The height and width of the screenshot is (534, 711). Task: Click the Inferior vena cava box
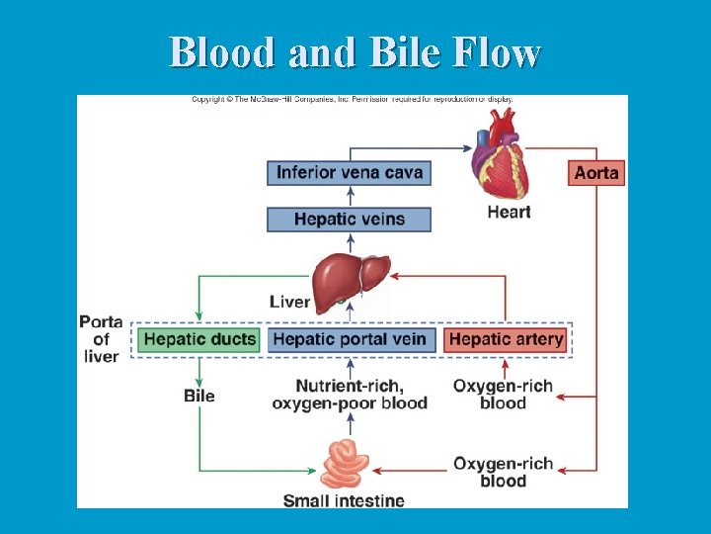pyautogui.click(x=350, y=172)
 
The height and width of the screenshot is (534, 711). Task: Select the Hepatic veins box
pyautogui.click(x=350, y=219)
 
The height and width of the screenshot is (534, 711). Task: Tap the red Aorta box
pyautogui.click(x=596, y=172)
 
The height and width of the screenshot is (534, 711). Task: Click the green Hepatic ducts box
pyautogui.click(x=198, y=339)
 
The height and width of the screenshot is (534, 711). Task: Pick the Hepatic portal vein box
pyautogui.click(x=350, y=339)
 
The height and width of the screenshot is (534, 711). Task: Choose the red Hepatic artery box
pyautogui.click(x=506, y=339)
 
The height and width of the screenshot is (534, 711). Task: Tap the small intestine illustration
pyautogui.click(x=345, y=462)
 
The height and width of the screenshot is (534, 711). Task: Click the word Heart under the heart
pyautogui.click(x=509, y=212)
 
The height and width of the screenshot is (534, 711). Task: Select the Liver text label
pyautogui.click(x=289, y=301)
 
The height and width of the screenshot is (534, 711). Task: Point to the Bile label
pyautogui.click(x=199, y=396)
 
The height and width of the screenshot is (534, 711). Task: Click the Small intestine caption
pyautogui.click(x=344, y=500)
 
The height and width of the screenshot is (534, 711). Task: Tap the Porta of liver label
pyautogui.click(x=101, y=339)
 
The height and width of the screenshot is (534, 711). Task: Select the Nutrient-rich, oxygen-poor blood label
pyautogui.click(x=350, y=394)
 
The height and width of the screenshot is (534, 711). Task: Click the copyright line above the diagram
pyautogui.click(x=352, y=99)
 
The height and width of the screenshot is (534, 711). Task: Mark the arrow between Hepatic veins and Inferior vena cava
pyautogui.click(x=350, y=196)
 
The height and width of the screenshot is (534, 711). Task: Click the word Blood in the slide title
pyautogui.click(x=224, y=52)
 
